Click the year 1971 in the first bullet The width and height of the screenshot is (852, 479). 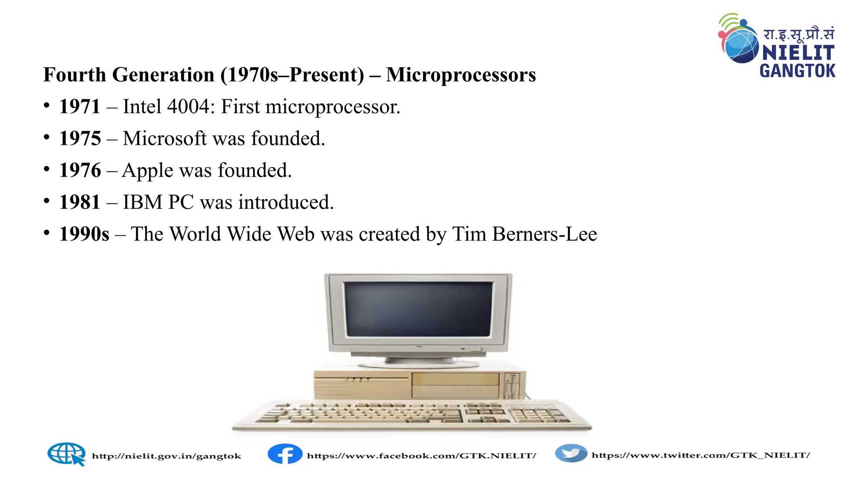coord(80,106)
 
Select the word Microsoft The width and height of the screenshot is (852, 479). coord(165,138)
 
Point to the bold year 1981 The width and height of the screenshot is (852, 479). coord(80,202)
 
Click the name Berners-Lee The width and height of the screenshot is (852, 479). coord(545,234)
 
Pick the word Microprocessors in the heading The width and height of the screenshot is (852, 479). coord(461,75)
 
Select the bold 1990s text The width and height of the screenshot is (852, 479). coord(84,234)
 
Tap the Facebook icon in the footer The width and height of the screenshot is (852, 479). coord(285,454)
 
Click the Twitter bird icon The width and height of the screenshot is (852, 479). coord(571,453)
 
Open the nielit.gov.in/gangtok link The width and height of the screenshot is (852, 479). coord(166,456)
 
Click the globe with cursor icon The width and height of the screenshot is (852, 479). coord(67,454)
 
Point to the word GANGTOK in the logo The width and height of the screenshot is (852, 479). coord(798,71)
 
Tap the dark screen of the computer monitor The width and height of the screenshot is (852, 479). coord(419,309)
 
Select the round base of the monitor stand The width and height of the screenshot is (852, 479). coord(419,363)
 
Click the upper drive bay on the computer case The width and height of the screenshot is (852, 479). coord(455,379)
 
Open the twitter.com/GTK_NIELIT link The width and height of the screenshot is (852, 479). coord(701,455)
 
